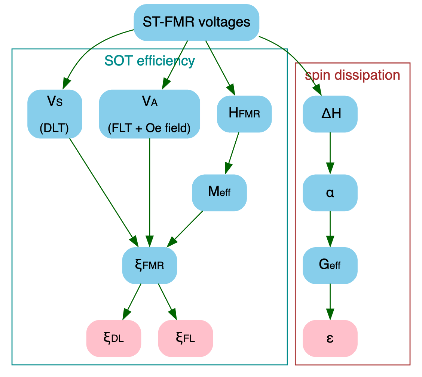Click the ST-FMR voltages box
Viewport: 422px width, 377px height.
click(196, 22)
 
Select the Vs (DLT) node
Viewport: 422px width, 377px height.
click(55, 114)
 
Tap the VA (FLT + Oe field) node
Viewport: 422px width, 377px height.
click(149, 114)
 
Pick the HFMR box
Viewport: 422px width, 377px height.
click(244, 114)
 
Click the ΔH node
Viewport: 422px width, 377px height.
click(330, 114)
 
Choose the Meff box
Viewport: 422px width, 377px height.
click(219, 193)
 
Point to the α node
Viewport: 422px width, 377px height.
click(330, 193)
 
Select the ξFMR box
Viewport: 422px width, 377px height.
click(149, 266)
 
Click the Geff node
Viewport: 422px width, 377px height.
click(330, 266)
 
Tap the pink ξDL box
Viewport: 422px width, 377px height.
click(113, 338)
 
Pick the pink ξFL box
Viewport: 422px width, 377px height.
click(186, 338)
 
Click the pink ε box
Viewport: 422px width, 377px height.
click(330, 338)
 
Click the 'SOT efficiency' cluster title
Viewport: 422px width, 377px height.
click(149, 61)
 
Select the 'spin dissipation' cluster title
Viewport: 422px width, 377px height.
click(352, 75)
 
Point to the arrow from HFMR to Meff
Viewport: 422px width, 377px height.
click(232, 153)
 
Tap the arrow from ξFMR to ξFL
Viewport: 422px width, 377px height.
click(166, 299)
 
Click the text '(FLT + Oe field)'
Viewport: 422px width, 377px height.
click(149, 128)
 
